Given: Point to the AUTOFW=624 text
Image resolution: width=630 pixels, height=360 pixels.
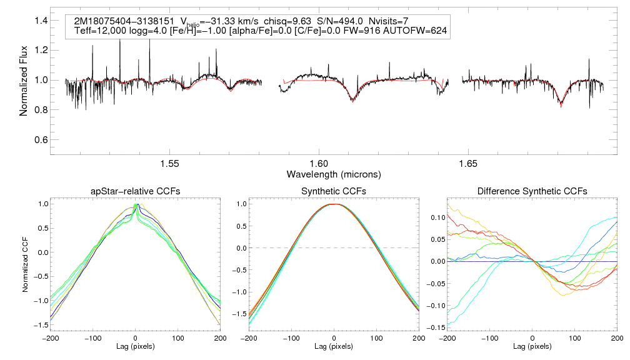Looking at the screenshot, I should click(421, 31).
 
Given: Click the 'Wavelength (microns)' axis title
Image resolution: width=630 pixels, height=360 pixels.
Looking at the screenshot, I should click(334, 173).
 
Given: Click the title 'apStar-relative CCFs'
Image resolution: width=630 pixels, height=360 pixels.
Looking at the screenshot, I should click(136, 191).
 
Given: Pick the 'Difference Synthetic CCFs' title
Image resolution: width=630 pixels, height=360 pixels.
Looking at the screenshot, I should click(532, 191).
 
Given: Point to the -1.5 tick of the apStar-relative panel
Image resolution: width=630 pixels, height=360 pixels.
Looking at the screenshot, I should click(42, 324).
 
